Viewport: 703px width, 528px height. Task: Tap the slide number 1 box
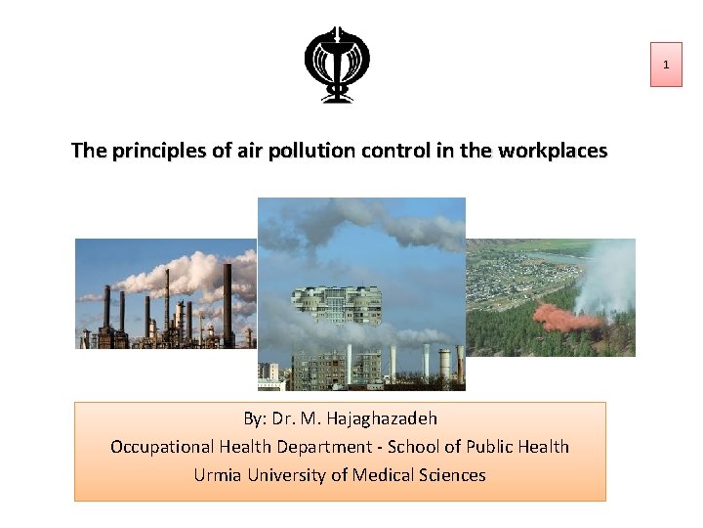tap(666, 65)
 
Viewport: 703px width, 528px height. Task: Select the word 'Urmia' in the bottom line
tap(216, 475)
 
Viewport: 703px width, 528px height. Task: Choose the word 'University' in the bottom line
tap(283, 475)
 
